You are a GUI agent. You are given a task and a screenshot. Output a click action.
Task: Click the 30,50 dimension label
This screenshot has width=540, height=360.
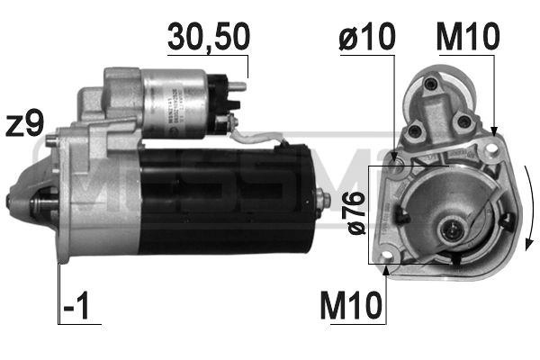pyautogui.click(x=208, y=37)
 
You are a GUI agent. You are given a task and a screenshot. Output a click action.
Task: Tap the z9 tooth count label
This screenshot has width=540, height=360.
pyautogui.click(x=24, y=124)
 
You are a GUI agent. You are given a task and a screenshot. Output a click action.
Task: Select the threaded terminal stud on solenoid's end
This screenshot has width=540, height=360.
pyautogui.click(x=238, y=87)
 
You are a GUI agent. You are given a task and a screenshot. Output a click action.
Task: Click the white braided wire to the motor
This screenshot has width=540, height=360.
pyautogui.click(x=256, y=138)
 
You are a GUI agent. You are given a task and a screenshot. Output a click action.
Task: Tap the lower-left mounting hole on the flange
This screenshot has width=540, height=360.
pyautogui.click(x=389, y=265)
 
